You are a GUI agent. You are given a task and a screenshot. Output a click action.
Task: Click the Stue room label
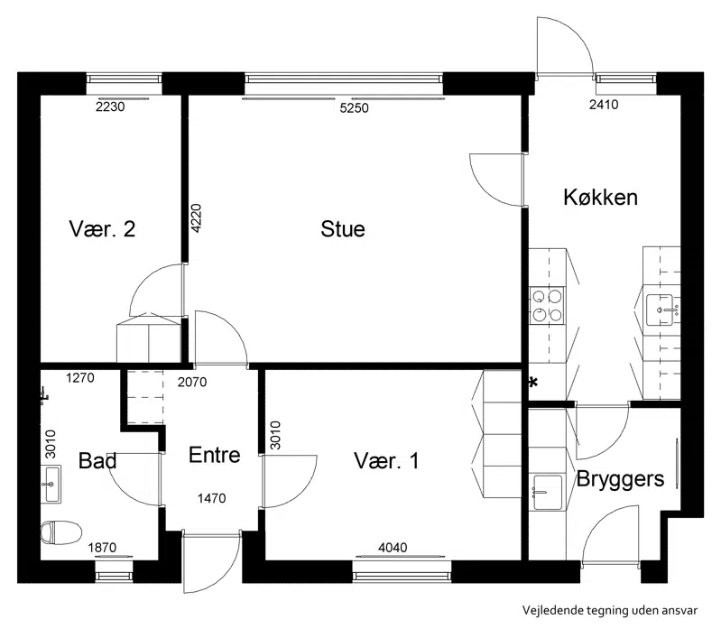(343, 229)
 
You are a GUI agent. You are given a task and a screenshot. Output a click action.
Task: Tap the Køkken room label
(600, 198)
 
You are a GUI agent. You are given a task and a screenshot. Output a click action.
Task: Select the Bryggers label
(620, 480)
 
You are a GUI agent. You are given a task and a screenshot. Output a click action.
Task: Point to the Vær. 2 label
(102, 228)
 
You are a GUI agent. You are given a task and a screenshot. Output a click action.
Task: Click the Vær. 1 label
(386, 460)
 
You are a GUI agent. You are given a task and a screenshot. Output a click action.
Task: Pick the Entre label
(214, 455)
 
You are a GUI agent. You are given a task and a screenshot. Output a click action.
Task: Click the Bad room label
(97, 460)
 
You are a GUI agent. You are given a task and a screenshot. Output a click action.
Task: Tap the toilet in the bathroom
(61, 532)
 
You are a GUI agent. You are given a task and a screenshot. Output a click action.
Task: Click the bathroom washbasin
(51, 484)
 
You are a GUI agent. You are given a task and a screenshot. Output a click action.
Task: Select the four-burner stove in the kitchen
(547, 305)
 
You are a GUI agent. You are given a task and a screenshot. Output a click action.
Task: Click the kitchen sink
(661, 310)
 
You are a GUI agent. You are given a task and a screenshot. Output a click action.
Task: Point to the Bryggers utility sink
(548, 492)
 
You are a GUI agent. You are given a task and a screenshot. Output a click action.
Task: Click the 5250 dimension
(354, 108)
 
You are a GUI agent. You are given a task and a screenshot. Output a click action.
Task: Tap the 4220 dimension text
(196, 218)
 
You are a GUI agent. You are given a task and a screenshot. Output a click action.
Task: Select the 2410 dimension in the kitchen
(604, 105)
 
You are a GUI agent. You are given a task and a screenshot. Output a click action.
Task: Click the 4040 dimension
(393, 548)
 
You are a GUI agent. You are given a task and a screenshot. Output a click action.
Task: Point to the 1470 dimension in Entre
(211, 498)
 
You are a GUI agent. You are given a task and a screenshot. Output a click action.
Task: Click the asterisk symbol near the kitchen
(533, 383)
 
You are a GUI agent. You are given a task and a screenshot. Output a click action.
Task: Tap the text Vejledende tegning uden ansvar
(610, 610)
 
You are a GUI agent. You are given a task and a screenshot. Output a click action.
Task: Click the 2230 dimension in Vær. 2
(110, 106)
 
